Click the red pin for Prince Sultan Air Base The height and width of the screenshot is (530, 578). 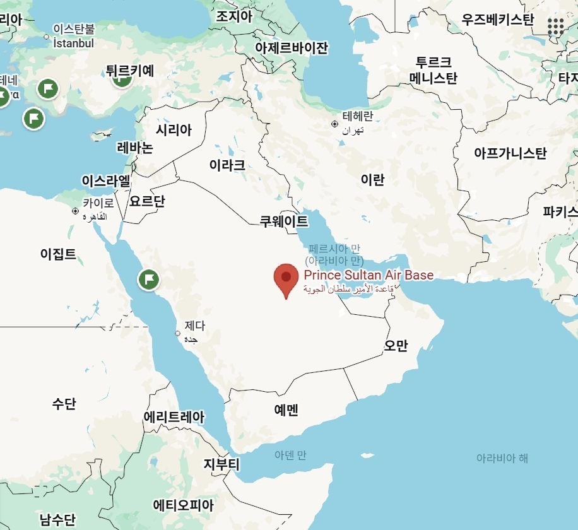(x=286, y=278)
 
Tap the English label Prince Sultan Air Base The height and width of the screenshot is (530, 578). (x=369, y=275)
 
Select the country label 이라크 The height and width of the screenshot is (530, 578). (x=227, y=166)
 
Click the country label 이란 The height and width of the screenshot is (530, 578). (x=372, y=180)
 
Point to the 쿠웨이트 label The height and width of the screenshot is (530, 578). (x=284, y=221)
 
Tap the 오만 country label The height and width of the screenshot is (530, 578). (x=396, y=345)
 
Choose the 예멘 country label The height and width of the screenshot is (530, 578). (x=286, y=409)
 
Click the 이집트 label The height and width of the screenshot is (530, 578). (x=58, y=254)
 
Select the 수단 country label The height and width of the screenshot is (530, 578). (x=64, y=403)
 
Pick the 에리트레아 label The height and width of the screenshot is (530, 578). (x=174, y=417)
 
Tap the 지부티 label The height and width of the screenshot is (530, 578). (x=221, y=465)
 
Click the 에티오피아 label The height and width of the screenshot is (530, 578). (x=184, y=505)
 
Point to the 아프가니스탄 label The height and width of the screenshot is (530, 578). (x=510, y=153)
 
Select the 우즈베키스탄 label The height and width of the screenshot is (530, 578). (x=498, y=20)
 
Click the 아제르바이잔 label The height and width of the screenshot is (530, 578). (x=292, y=48)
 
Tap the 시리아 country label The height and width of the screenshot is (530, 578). (x=174, y=130)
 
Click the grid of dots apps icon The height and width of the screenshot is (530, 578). (x=556, y=26)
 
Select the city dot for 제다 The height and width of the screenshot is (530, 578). (x=177, y=333)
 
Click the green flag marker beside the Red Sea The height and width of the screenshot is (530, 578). (x=149, y=279)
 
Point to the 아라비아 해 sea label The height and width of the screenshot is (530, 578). (x=502, y=458)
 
